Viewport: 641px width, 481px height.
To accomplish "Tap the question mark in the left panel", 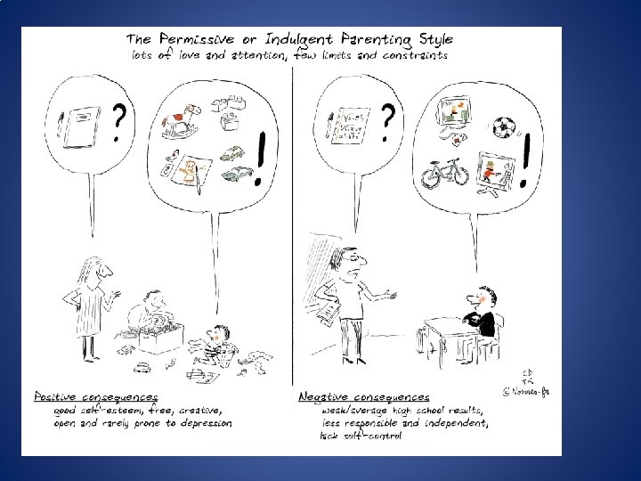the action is [x=120, y=125].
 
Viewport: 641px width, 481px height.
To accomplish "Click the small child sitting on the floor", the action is [x=217, y=343].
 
